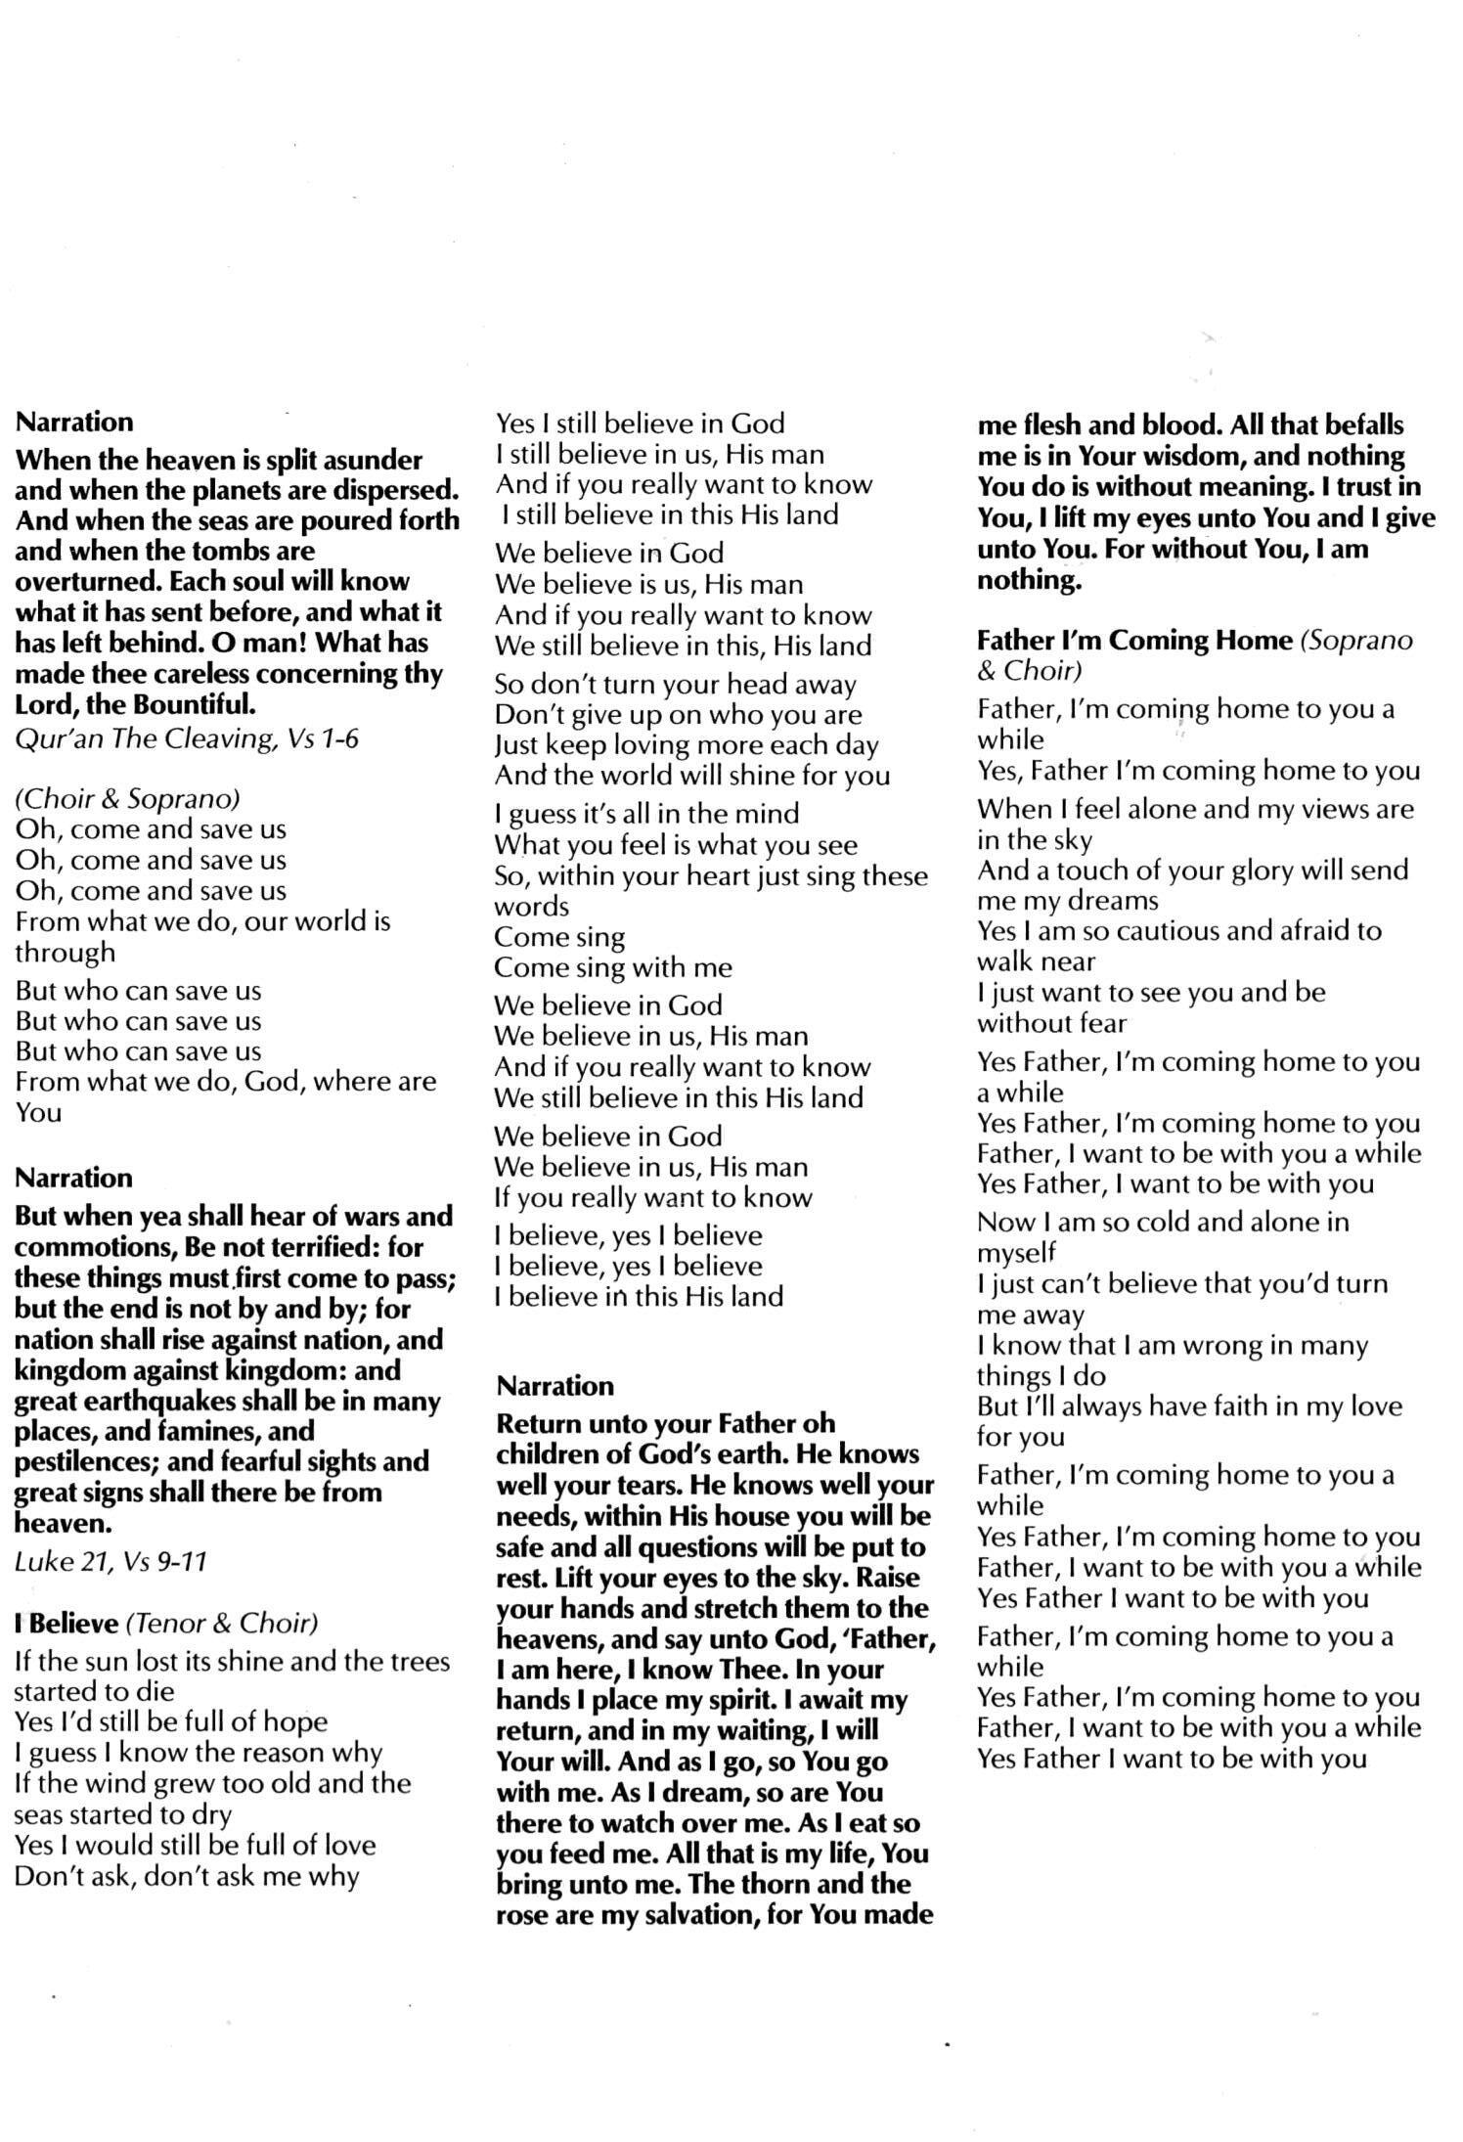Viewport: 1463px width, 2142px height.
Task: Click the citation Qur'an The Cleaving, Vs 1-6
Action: (x=187, y=737)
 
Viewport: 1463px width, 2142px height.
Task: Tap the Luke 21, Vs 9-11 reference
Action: (x=111, y=1561)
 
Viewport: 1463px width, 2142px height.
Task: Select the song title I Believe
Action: (x=66, y=1623)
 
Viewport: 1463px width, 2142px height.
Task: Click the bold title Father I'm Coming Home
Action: (x=1135, y=640)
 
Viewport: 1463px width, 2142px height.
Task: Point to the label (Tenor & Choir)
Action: (x=222, y=1623)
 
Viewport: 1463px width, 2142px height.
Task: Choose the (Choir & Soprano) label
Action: (x=127, y=799)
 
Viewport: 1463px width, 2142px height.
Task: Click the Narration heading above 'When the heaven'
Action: (x=74, y=422)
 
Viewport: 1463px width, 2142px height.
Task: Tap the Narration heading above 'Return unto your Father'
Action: (x=555, y=1385)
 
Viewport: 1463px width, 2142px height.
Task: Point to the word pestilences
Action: (x=82, y=1461)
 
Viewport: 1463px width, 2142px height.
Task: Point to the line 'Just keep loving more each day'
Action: (x=687, y=745)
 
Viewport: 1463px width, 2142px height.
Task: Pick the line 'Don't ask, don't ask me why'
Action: (x=187, y=1876)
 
